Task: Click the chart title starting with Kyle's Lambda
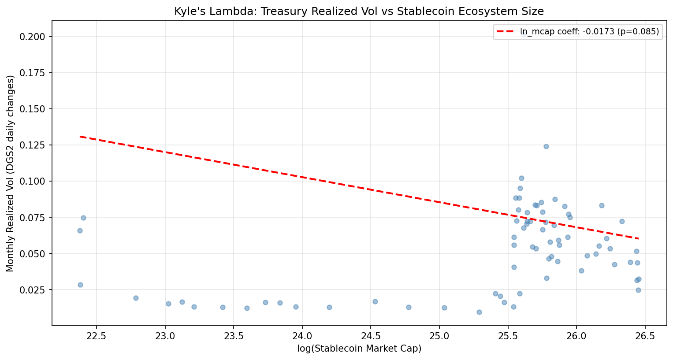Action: click(359, 11)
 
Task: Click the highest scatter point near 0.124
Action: click(546, 146)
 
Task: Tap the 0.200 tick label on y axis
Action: click(33, 37)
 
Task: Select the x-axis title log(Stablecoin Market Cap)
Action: click(359, 349)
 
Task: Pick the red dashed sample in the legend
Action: click(506, 31)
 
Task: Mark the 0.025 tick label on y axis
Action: click(33, 290)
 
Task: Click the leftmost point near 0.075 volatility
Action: click(83, 218)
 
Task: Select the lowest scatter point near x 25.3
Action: click(479, 312)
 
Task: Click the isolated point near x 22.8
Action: click(136, 298)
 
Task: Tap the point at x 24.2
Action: click(329, 307)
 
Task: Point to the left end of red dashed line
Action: click(80, 137)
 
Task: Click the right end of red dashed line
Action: click(638, 238)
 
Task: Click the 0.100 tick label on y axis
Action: click(33, 182)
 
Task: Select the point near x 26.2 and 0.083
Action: click(602, 205)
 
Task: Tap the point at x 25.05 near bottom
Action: click(444, 308)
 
